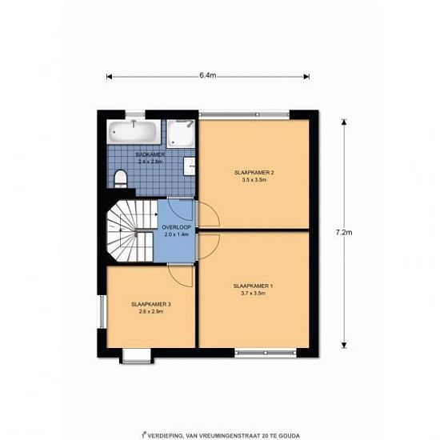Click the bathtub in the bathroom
(134, 132)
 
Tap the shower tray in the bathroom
(181, 134)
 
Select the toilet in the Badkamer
(121, 178)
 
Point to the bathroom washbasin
(190, 166)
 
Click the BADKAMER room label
(150, 154)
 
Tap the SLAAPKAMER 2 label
(254, 173)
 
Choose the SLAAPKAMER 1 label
(253, 286)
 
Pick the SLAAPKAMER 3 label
(151, 304)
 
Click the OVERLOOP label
(177, 227)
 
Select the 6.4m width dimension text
(208, 75)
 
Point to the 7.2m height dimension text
(344, 233)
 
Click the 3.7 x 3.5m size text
(253, 294)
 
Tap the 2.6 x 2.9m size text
(151, 311)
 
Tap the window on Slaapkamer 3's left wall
(102, 311)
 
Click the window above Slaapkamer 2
(244, 114)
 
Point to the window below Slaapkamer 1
(266, 353)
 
